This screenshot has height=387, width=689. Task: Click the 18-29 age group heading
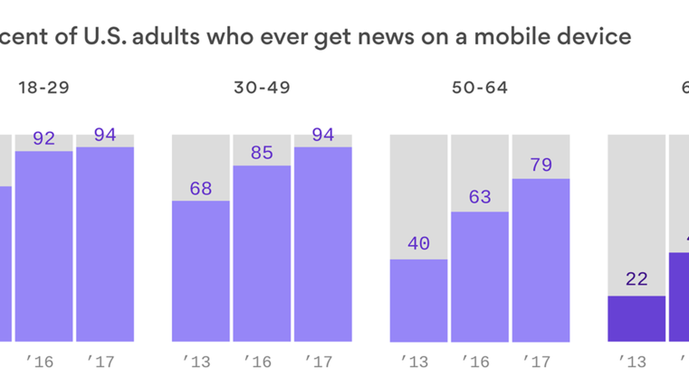click(x=44, y=88)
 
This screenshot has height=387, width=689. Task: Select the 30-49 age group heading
click(x=262, y=88)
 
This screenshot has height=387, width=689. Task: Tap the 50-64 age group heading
click(x=480, y=88)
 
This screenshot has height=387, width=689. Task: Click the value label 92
click(x=44, y=138)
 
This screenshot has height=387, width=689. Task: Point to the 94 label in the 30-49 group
click(x=323, y=135)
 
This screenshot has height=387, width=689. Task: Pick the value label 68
click(x=201, y=188)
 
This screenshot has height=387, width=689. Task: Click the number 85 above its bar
click(x=262, y=153)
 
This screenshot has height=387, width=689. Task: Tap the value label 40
click(x=418, y=244)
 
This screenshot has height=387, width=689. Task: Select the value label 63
click(x=480, y=197)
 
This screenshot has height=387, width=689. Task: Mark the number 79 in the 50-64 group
click(x=541, y=165)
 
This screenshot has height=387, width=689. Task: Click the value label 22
click(x=637, y=279)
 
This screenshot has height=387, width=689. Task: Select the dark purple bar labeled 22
click(x=637, y=319)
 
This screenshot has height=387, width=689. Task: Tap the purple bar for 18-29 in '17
click(x=105, y=244)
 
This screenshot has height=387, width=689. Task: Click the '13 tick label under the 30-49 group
click(x=197, y=362)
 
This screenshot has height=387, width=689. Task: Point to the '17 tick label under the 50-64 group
click(x=536, y=362)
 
